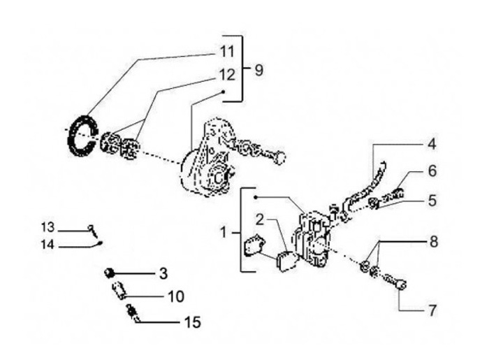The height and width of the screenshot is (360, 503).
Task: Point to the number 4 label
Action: (432, 145)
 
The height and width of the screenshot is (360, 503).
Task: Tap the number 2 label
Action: (260, 219)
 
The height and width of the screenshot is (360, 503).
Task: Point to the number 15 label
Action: (192, 322)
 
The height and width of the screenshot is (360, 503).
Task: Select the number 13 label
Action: (47, 227)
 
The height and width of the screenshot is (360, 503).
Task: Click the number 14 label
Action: (47, 244)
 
